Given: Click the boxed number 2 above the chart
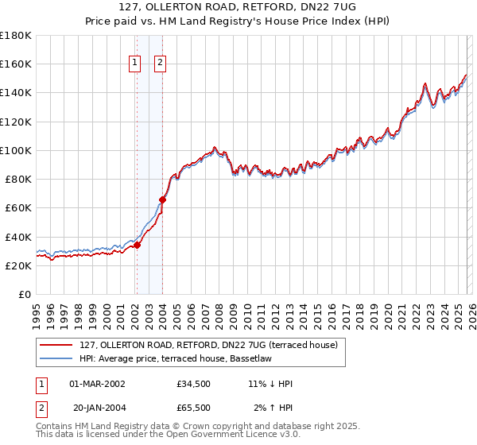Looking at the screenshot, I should click(x=160, y=64).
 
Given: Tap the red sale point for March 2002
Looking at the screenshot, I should click(x=137, y=245).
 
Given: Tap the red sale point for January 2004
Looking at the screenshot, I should click(x=163, y=200).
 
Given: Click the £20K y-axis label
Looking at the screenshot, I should click(x=19, y=265).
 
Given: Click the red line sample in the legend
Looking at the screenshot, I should click(x=57, y=345).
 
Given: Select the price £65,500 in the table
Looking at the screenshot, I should click(x=194, y=408).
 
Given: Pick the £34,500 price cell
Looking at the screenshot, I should click(x=194, y=384).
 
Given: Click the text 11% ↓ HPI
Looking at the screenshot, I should click(x=270, y=384).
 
